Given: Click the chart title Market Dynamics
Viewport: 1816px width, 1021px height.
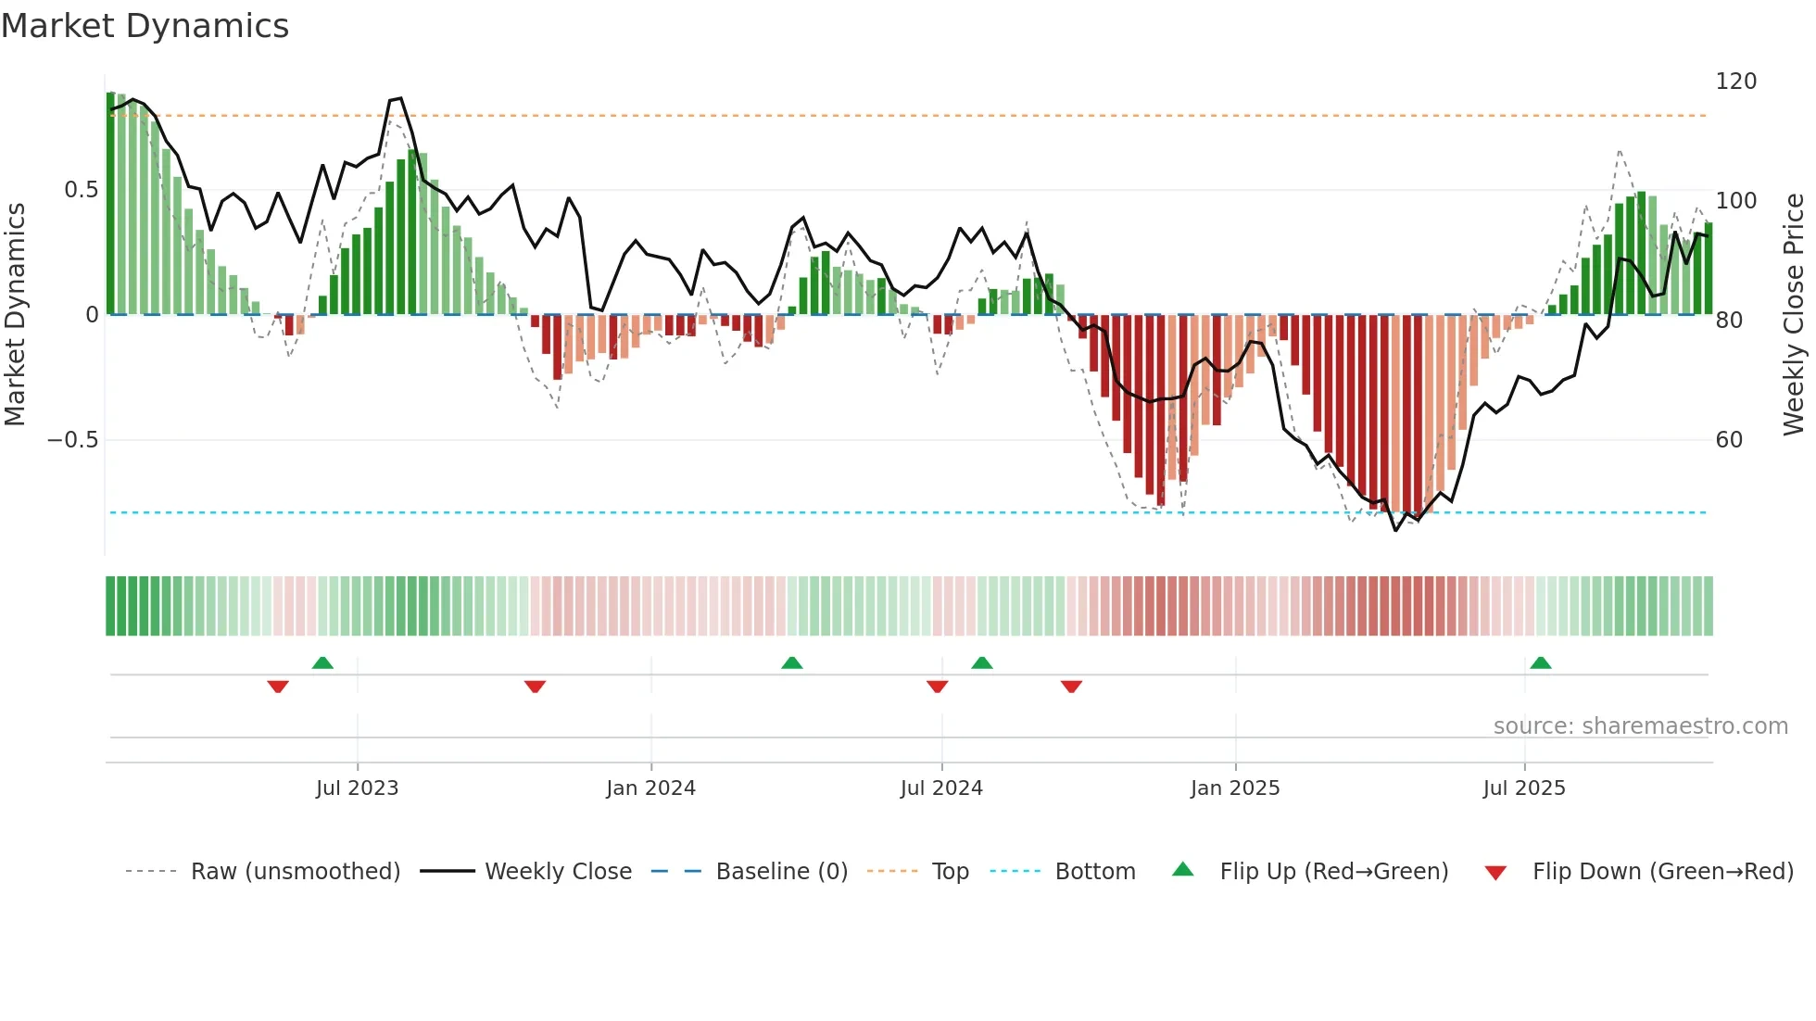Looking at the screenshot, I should point(145,26).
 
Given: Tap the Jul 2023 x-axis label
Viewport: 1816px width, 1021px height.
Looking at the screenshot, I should point(357,788).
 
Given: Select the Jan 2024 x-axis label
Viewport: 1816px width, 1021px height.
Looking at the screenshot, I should point(650,788).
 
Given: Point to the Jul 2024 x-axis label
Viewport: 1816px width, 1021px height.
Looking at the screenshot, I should point(941,788).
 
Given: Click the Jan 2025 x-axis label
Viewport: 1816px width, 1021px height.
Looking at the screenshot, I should point(1235,788).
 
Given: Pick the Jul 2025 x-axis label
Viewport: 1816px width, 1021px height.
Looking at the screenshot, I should point(1524,788).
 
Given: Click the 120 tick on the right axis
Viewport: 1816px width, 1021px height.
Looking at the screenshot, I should point(1735,82).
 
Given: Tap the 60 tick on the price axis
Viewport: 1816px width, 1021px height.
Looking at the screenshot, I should point(1729,440).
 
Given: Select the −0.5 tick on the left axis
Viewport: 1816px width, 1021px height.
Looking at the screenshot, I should point(73,440).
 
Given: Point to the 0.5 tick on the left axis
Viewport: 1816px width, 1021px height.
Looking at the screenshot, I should point(81,190).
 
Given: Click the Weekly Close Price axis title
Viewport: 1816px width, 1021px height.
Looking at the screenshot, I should point(1794,315).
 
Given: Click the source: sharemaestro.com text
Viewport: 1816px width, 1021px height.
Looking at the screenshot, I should point(1640,726).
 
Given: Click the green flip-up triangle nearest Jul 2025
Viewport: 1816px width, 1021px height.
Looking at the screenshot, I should point(1540,663).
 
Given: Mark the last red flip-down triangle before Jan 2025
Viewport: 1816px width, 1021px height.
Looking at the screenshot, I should point(1071,687).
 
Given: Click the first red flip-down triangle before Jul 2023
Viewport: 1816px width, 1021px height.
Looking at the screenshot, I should point(278,687).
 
